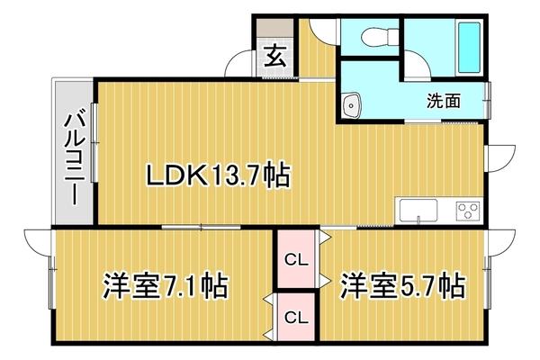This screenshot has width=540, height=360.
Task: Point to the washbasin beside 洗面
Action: pos(354,104)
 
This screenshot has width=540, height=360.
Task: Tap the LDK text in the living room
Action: pos(180,174)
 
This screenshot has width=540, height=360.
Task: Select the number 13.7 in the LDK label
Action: pos(238,174)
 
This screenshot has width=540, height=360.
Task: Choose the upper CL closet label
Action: pos(295,261)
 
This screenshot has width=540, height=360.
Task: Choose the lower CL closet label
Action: pos(295,317)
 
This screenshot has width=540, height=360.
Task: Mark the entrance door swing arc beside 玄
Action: pos(238,65)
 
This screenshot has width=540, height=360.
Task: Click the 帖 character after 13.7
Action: pos(277,174)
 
